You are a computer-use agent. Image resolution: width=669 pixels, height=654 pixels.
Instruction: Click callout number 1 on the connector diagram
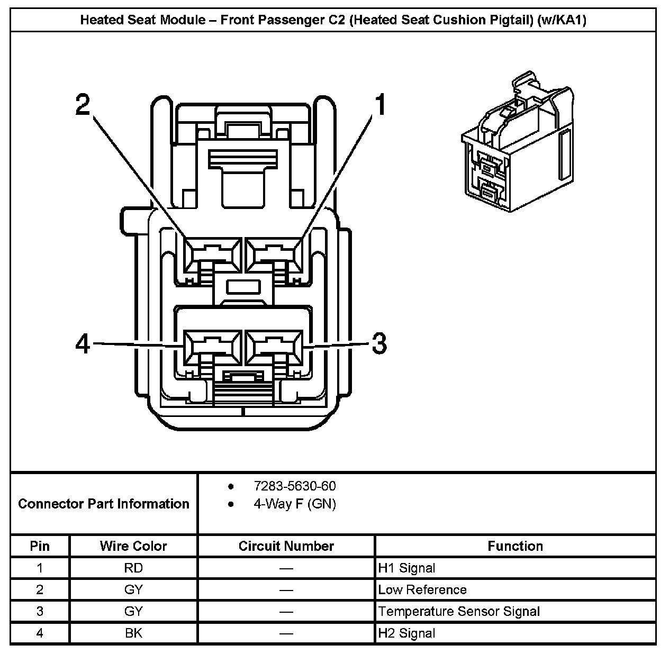click(x=379, y=105)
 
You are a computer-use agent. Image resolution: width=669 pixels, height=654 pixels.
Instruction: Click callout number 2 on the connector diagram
click(x=83, y=105)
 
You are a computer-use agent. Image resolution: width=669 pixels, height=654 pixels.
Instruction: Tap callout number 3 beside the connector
click(x=379, y=343)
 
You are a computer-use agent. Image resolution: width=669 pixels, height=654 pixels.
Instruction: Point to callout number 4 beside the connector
click(x=83, y=344)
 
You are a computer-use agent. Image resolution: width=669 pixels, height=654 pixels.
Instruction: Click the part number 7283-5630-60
click(x=294, y=486)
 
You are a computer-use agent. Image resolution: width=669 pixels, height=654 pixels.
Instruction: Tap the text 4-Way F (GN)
click(x=294, y=504)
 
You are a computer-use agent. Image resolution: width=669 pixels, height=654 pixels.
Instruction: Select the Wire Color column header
click(x=133, y=546)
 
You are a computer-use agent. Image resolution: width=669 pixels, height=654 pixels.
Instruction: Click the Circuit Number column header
click(x=286, y=546)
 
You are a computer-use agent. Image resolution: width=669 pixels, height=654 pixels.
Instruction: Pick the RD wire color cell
click(x=133, y=568)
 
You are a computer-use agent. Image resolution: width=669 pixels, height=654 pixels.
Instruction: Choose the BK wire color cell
click(x=133, y=633)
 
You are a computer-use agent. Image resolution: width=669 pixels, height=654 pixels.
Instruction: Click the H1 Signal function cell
click(x=406, y=568)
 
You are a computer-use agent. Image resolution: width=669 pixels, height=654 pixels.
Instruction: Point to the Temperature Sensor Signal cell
click(x=459, y=612)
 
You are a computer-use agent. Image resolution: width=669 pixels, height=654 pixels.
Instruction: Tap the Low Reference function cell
click(x=422, y=590)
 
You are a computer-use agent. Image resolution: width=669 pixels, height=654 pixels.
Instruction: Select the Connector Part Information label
click(x=104, y=503)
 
